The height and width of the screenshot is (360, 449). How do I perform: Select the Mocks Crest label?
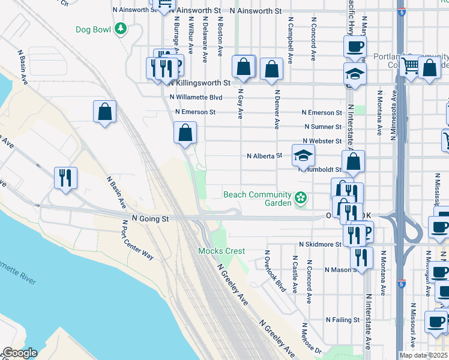tap(222, 251)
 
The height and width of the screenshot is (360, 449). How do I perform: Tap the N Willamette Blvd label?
tap(196, 97)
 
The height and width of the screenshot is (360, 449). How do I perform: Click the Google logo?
tap(20, 353)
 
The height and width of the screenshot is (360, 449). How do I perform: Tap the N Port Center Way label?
tap(136, 239)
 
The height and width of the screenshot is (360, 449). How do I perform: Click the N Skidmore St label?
tap(320, 245)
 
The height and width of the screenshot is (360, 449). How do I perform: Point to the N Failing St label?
tap(342, 320)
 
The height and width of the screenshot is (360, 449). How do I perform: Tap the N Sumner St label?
tap(323, 127)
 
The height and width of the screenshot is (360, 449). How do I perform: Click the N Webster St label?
tap(322, 142)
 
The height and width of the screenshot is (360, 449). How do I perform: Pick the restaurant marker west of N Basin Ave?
tap(65, 178)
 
